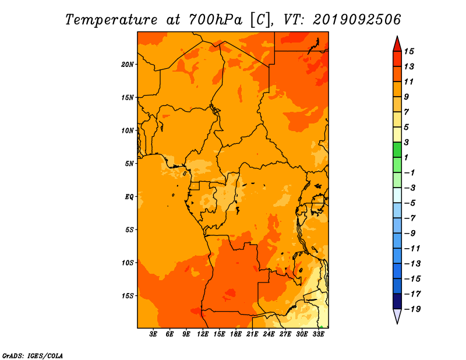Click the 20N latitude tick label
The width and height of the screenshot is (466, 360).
click(128, 65)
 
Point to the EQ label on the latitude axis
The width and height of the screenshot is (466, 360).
click(129, 197)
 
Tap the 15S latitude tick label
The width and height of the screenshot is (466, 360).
click(128, 296)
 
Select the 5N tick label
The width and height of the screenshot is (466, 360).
click(129, 164)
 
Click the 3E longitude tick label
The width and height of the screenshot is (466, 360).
click(153, 334)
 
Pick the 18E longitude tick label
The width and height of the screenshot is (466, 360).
click(236, 334)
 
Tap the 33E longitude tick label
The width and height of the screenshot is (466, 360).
click(318, 334)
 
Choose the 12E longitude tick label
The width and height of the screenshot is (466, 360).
click(203, 334)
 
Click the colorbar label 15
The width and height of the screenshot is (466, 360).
click(409, 51)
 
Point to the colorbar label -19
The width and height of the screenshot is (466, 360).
click(412, 309)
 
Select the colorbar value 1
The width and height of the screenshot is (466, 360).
click(406, 157)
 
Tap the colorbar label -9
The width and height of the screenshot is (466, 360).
click(410, 234)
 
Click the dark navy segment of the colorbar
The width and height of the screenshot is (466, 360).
click(397, 301)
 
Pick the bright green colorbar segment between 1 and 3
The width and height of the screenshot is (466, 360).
click(397, 150)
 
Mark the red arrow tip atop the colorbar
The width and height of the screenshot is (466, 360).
click(397, 36)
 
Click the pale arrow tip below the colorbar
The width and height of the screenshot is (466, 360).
click(397, 323)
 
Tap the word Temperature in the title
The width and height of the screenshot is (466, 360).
click(111, 20)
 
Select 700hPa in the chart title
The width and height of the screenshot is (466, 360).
click(216, 20)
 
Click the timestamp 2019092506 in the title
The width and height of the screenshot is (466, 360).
click(357, 20)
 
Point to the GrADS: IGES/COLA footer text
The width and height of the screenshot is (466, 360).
click(33, 356)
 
